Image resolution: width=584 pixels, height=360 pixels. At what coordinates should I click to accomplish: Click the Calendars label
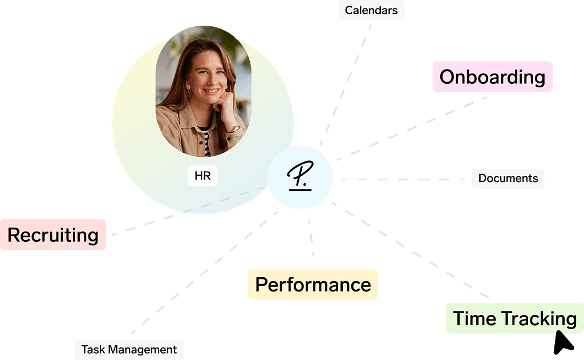[x=371, y=11]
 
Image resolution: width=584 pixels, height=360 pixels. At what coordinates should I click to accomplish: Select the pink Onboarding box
[x=492, y=76]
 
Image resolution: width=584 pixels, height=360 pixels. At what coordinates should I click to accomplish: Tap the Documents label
[x=508, y=178]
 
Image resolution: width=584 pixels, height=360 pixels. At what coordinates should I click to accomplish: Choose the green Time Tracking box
[x=514, y=318]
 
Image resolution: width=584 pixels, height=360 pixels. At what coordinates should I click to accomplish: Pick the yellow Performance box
[x=313, y=284]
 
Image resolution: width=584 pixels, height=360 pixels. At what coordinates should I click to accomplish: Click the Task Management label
[x=129, y=349]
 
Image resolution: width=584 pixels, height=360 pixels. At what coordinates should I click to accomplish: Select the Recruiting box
[x=53, y=234]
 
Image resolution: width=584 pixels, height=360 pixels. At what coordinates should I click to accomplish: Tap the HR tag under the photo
[x=202, y=176]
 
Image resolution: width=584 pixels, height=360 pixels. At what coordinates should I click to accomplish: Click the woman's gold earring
[x=188, y=88]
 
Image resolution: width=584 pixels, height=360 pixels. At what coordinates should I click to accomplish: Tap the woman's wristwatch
[x=233, y=129]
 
